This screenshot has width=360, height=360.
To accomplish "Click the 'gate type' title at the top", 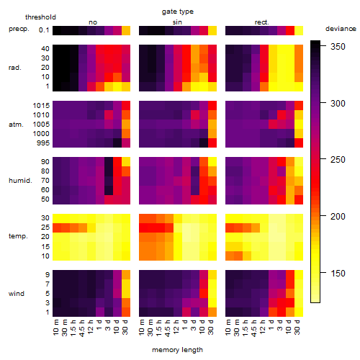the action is (178, 12).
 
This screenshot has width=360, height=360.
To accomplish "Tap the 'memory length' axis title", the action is (177, 350).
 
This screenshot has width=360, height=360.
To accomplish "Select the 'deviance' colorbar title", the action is (341, 29).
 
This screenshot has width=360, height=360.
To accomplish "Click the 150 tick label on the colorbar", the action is (338, 273).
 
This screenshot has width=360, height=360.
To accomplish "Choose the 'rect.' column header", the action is (261, 22).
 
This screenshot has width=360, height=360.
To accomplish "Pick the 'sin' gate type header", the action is (177, 22).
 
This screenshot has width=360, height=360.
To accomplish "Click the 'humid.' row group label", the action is (20, 181).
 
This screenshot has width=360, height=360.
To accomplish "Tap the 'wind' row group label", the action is (17, 294).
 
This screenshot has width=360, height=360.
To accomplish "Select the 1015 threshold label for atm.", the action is (41, 106).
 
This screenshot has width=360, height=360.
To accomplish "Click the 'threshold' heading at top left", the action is (40, 17).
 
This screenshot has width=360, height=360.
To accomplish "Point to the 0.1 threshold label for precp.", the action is (44, 30).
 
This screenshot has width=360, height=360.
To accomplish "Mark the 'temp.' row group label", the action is (18, 236).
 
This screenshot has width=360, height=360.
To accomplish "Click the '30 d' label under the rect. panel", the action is (297, 327).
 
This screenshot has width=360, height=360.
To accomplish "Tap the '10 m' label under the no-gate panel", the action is (55, 328).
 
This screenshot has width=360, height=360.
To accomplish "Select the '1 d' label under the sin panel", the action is (185, 325).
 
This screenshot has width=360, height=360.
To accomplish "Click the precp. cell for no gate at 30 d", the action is (126, 30).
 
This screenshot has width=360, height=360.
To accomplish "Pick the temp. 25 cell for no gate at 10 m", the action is (57, 228).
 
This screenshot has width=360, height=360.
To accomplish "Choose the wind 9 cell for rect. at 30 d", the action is (299, 274).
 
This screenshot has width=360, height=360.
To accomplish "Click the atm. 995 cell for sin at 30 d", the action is (212, 143).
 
